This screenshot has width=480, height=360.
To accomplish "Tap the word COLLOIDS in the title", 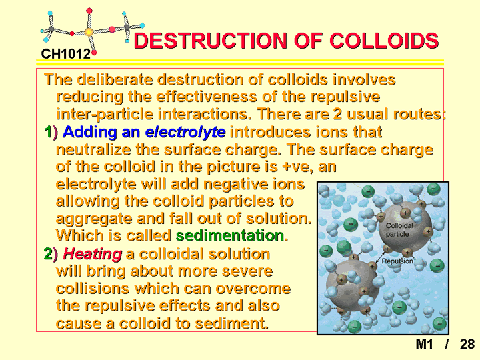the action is [x=384, y=41].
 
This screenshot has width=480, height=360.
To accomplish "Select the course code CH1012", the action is [x=66, y=54].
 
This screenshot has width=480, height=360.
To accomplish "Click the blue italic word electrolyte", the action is [x=185, y=132].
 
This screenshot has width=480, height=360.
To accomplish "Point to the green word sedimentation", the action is [x=230, y=235].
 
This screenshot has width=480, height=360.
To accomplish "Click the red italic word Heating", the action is [x=93, y=254].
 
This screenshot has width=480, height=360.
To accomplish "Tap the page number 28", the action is [x=467, y=344].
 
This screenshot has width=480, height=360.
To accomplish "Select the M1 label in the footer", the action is [x=424, y=344].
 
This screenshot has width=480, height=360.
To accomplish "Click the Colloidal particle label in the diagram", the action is [x=399, y=230].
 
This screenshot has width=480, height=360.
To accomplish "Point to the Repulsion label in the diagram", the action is [x=397, y=261].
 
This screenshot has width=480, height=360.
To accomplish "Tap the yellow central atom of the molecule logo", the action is [x=89, y=32].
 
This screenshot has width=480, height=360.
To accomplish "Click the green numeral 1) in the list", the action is [x=51, y=132].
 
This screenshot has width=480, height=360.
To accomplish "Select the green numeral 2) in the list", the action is [x=51, y=254].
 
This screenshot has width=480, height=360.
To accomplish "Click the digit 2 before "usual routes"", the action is [x=337, y=114].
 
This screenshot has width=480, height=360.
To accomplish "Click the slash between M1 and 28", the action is [x=447, y=344].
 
